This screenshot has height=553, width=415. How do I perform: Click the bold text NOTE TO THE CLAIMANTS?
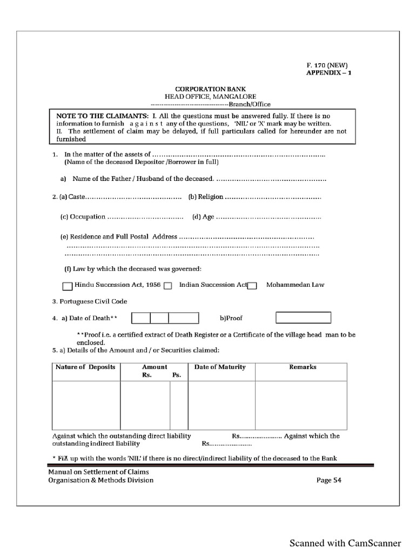point(102,116)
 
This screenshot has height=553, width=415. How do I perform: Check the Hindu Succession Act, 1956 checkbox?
point(68,286)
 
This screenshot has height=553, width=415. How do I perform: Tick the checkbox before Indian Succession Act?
point(168,286)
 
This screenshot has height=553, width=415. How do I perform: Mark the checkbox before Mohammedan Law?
point(252,286)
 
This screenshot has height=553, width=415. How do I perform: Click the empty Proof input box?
point(303,318)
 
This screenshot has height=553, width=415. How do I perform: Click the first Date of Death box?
point(141,318)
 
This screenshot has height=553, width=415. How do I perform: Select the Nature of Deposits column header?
point(85,367)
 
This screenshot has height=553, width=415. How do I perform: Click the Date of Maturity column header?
point(220,367)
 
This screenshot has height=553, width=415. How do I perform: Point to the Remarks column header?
point(303,367)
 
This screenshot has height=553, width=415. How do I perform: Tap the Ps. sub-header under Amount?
point(176,375)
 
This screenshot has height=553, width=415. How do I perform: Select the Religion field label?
point(206,197)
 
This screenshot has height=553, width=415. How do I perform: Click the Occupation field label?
point(83,217)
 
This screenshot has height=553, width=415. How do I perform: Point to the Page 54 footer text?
point(329,480)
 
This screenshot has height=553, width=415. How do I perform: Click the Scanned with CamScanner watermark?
point(345,543)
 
